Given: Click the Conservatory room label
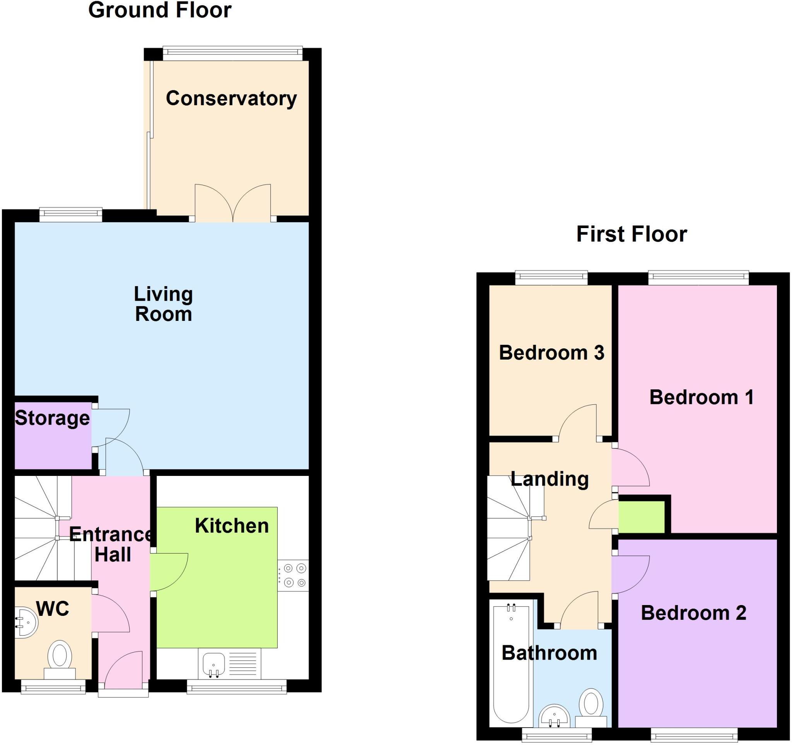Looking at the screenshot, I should click(231, 98).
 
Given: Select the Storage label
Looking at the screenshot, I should click(52, 418).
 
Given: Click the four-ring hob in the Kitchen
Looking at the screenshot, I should click(294, 575).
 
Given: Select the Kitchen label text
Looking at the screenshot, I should click(232, 526).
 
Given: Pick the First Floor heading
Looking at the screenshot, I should click(632, 234).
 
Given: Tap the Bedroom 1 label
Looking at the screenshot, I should click(702, 397).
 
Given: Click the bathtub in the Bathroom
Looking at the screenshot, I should click(511, 664).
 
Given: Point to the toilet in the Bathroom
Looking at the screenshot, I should click(591, 707).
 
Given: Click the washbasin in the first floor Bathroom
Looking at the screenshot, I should click(554, 717).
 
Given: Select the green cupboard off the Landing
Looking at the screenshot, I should click(642, 517).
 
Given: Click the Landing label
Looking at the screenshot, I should click(550, 479).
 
